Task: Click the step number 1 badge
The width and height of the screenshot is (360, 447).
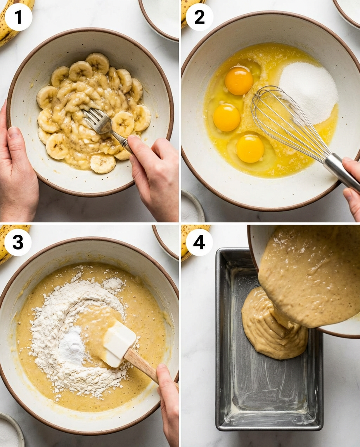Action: coord(18,17)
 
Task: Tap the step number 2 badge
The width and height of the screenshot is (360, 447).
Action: coord(199,17)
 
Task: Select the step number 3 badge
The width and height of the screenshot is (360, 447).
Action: coord(18,242)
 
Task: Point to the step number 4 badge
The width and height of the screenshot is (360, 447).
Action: coord(199,242)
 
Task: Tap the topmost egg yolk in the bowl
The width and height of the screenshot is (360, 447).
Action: coord(239,80)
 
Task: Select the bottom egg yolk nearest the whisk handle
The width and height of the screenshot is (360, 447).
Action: coord(250,148)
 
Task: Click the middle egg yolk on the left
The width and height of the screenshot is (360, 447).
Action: coord(227,117)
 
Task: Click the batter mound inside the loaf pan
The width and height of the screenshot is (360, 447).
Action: coord(272,326)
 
